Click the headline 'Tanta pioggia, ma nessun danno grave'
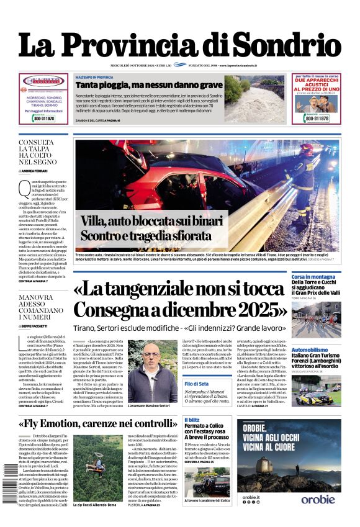(148, 84)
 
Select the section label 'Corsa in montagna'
(313, 276)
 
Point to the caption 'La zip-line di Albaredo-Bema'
(96, 506)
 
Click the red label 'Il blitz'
(192, 420)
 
